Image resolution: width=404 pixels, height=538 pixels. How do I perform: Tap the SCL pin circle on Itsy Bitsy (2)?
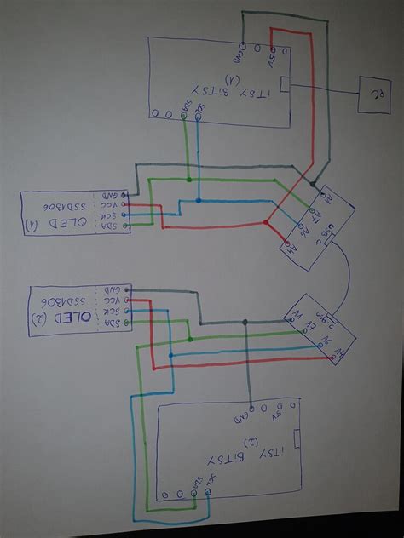click(207, 493)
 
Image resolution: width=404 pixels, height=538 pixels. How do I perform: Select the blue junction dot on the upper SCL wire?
click(199, 202)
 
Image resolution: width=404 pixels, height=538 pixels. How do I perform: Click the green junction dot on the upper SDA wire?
click(188, 180)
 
